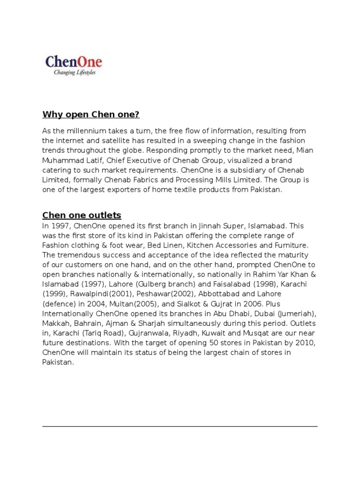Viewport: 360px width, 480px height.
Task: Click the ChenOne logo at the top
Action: [x=74, y=61]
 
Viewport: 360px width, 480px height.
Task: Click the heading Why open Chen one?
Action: [x=91, y=114]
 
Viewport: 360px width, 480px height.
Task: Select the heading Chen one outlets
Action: [x=82, y=215]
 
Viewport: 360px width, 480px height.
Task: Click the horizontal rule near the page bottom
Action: [x=180, y=426]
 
